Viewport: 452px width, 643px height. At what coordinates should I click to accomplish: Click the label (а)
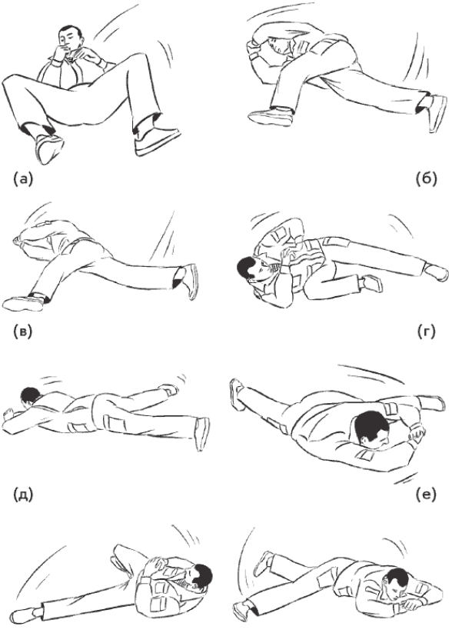22,178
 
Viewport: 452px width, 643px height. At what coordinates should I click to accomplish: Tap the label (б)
426,178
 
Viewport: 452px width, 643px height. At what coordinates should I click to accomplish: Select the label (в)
22,331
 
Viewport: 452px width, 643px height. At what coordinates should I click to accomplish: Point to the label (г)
427,331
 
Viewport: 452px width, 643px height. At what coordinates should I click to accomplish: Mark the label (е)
426,495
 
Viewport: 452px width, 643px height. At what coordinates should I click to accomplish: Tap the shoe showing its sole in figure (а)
48,148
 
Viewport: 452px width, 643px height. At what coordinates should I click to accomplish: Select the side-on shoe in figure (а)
157,139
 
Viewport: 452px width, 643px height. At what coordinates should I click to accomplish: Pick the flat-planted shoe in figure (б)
271,116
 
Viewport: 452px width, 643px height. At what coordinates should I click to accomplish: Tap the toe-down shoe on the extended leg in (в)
190,282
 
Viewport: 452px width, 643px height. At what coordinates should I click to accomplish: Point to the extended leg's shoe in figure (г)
437,273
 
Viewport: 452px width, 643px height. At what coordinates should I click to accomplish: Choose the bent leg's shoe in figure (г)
372,283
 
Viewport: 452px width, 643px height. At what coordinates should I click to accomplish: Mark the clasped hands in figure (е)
417,431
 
